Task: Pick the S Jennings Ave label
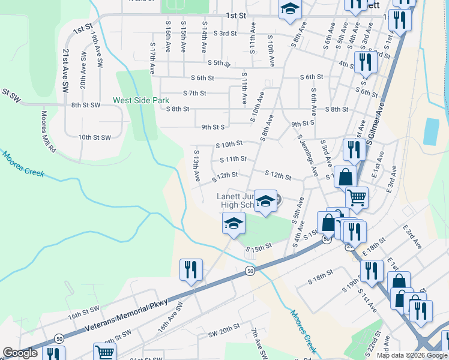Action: (307, 155)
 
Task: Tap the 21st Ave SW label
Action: (64, 71)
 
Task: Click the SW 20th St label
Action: (224, 332)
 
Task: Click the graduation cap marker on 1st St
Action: (291, 10)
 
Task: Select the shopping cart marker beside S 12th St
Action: (357, 197)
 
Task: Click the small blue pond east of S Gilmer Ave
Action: (430, 131)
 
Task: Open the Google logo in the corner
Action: (20, 353)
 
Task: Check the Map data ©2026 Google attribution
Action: (412, 355)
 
